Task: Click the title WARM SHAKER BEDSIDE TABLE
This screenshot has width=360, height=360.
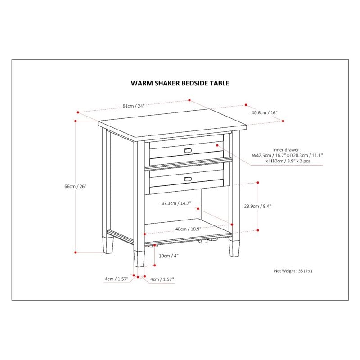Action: [x=180, y=83]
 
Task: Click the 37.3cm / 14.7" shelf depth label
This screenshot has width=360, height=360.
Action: [x=176, y=203]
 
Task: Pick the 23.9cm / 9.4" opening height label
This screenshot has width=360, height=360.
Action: [x=258, y=206]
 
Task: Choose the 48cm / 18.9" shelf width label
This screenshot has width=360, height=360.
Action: [x=188, y=229]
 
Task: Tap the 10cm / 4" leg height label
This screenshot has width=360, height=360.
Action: [x=168, y=256]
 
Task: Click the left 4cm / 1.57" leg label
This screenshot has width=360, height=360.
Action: [x=117, y=279]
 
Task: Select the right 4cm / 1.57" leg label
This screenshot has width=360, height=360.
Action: [x=162, y=279]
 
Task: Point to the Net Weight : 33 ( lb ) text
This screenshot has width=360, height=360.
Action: [x=293, y=271]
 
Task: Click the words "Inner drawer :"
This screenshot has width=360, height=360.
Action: [x=287, y=149]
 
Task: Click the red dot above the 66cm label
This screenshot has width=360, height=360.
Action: [x=76, y=121]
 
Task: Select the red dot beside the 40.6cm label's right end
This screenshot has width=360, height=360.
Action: [x=283, y=121]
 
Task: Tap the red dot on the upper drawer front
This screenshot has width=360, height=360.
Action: [x=217, y=145]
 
